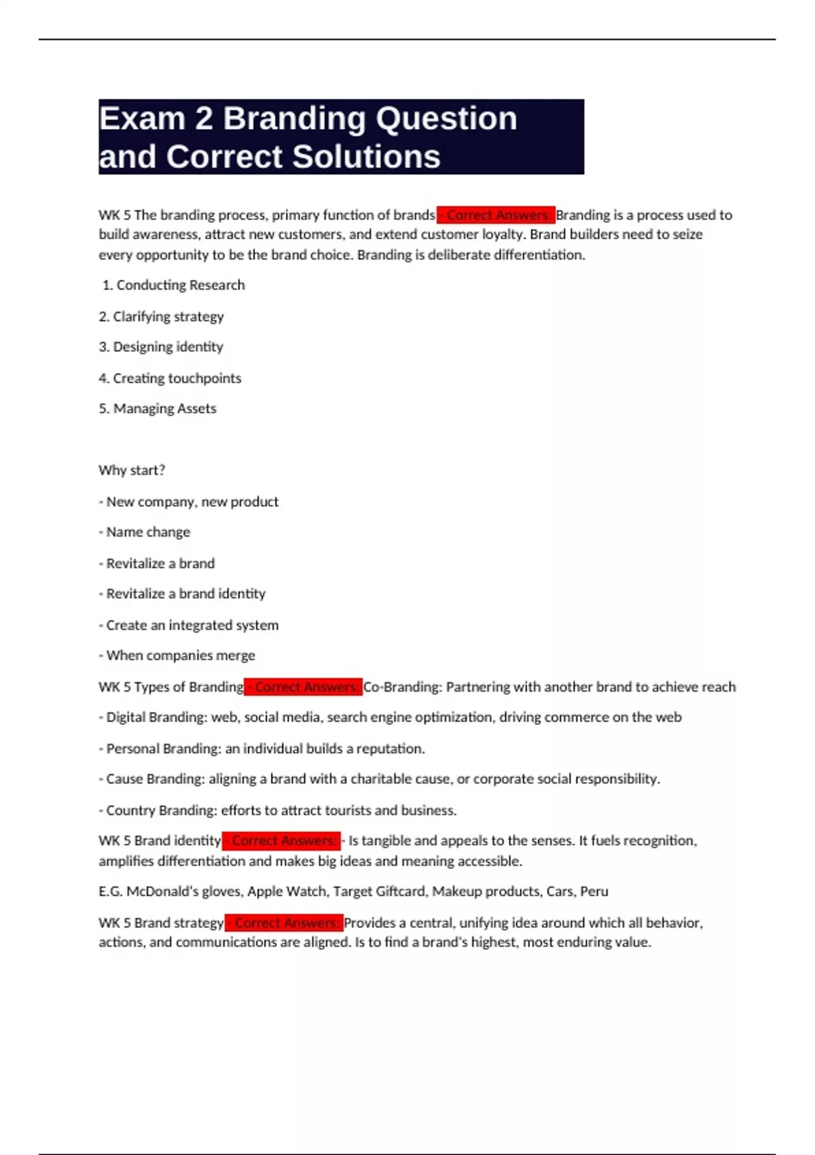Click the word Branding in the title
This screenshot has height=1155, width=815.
295,119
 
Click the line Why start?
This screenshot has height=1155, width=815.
132,470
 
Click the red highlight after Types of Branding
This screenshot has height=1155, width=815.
304,687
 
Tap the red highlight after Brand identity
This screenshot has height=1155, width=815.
281,841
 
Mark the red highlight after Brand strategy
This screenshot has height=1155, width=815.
284,923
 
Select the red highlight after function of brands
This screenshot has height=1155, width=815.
496,215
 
